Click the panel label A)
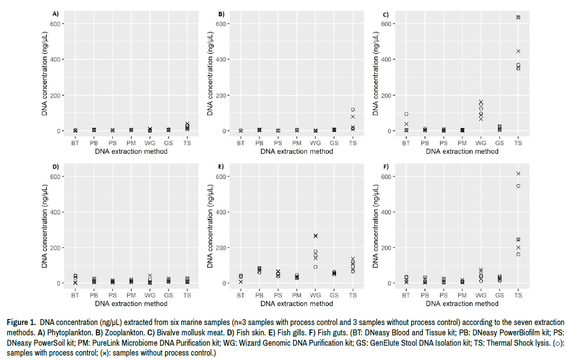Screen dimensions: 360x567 pyautogui.click(x=56, y=14)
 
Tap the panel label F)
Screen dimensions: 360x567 pyautogui.click(x=387, y=166)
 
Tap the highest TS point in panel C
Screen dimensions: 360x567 pyautogui.click(x=518, y=17)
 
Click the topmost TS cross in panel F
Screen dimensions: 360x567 pyautogui.click(x=518, y=173)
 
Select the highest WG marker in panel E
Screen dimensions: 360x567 pyautogui.click(x=315, y=236)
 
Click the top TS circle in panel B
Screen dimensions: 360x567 pyautogui.click(x=352, y=109)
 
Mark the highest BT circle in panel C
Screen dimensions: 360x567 pyautogui.click(x=406, y=114)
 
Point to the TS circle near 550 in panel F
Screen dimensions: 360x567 pyautogui.click(x=518, y=186)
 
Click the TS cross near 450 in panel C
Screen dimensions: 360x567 pyautogui.click(x=518, y=51)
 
